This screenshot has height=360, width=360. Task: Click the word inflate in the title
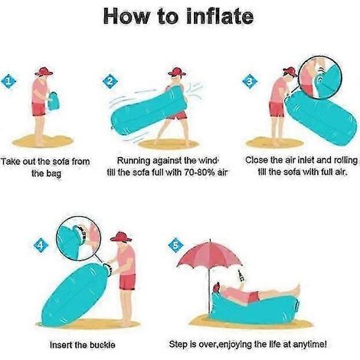click(220, 16)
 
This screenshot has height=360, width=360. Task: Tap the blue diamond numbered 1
click(8, 82)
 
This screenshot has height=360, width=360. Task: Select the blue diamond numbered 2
click(110, 82)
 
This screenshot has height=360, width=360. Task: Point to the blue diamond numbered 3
click(250, 81)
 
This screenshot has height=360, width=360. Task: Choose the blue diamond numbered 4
click(41, 246)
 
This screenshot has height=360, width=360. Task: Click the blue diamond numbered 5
click(175, 245)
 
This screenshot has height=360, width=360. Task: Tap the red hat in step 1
click(44, 72)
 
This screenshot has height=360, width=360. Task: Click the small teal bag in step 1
click(54, 101)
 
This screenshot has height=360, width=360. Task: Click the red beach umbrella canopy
click(210, 254)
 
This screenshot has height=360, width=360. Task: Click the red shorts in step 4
click(127, 282)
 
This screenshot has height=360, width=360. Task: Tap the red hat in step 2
click(177, 72)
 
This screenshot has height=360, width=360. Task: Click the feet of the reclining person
click(296, 290)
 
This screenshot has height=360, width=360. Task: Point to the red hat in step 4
click(121, 237)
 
